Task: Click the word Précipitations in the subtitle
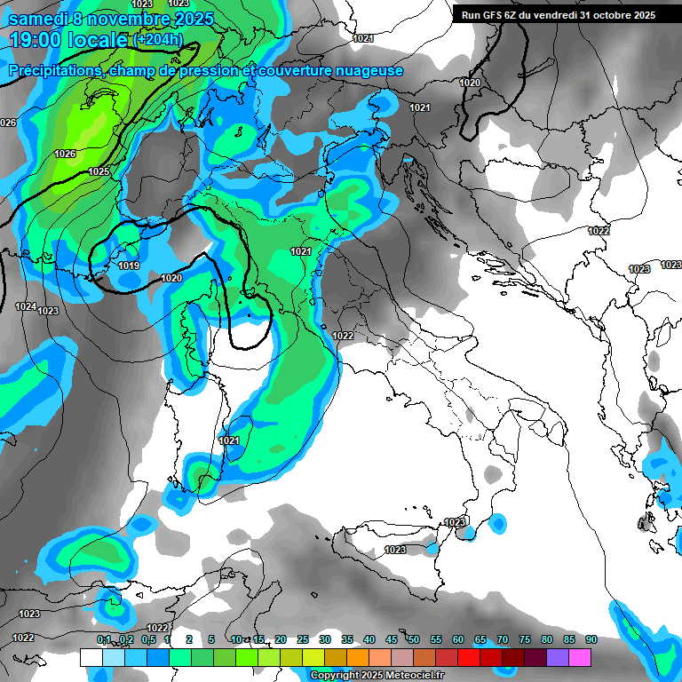[56, 70]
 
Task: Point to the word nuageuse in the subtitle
[369, 70]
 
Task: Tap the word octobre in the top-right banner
[602, 15]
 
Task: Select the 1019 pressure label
[129, 266]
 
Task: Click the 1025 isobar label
[99, 171]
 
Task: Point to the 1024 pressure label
[26, 306]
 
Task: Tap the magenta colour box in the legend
[580, 657]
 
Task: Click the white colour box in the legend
[91, 657]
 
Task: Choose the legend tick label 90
[591, 639]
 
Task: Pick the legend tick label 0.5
[147, 639]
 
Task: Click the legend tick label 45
[392, 639]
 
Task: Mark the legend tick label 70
[503, 639]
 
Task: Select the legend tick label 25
[303, 639]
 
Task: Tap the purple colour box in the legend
[558, 657]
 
